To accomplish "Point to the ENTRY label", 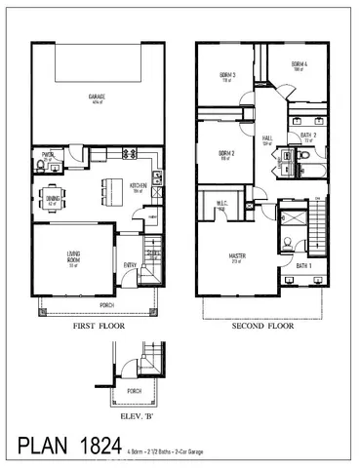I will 130,264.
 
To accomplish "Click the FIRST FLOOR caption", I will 97,328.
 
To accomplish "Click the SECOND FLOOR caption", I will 261,328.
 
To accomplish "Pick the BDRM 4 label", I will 299,65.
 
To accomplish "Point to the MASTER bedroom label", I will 237,258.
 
